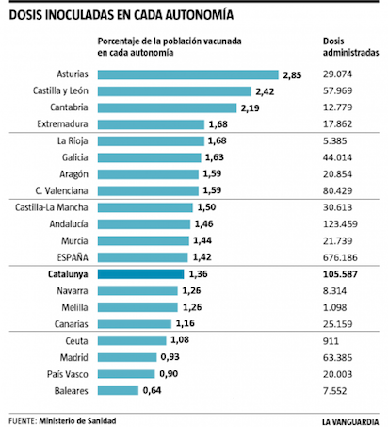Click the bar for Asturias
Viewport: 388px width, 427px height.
(188, 74)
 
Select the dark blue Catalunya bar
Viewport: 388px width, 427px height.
(140, 274)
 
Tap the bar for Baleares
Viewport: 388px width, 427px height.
(118, 390)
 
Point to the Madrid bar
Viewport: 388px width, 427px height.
(127, 357)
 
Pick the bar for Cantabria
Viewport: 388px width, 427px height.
(167, 107)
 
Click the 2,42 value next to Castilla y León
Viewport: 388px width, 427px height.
(265, 91)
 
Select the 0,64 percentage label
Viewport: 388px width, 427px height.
(152, 390)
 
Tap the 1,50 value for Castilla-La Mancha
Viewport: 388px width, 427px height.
(206, 207)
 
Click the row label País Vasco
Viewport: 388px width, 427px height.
(68, 374)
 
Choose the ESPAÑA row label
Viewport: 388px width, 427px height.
(73, 257)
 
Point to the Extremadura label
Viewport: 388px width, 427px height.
(62, 123)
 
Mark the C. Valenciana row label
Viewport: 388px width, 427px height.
(61, 190)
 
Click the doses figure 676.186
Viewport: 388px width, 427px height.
(340, 257)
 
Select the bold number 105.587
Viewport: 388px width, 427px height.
(340, 274)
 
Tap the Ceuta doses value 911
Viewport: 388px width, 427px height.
(331, 341)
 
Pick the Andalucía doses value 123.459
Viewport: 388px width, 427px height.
(340, 224)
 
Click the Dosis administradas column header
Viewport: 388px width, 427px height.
(351, 47)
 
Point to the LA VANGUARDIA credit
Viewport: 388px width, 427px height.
(350, 421)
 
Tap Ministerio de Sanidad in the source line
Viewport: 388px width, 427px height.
(77, 420)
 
